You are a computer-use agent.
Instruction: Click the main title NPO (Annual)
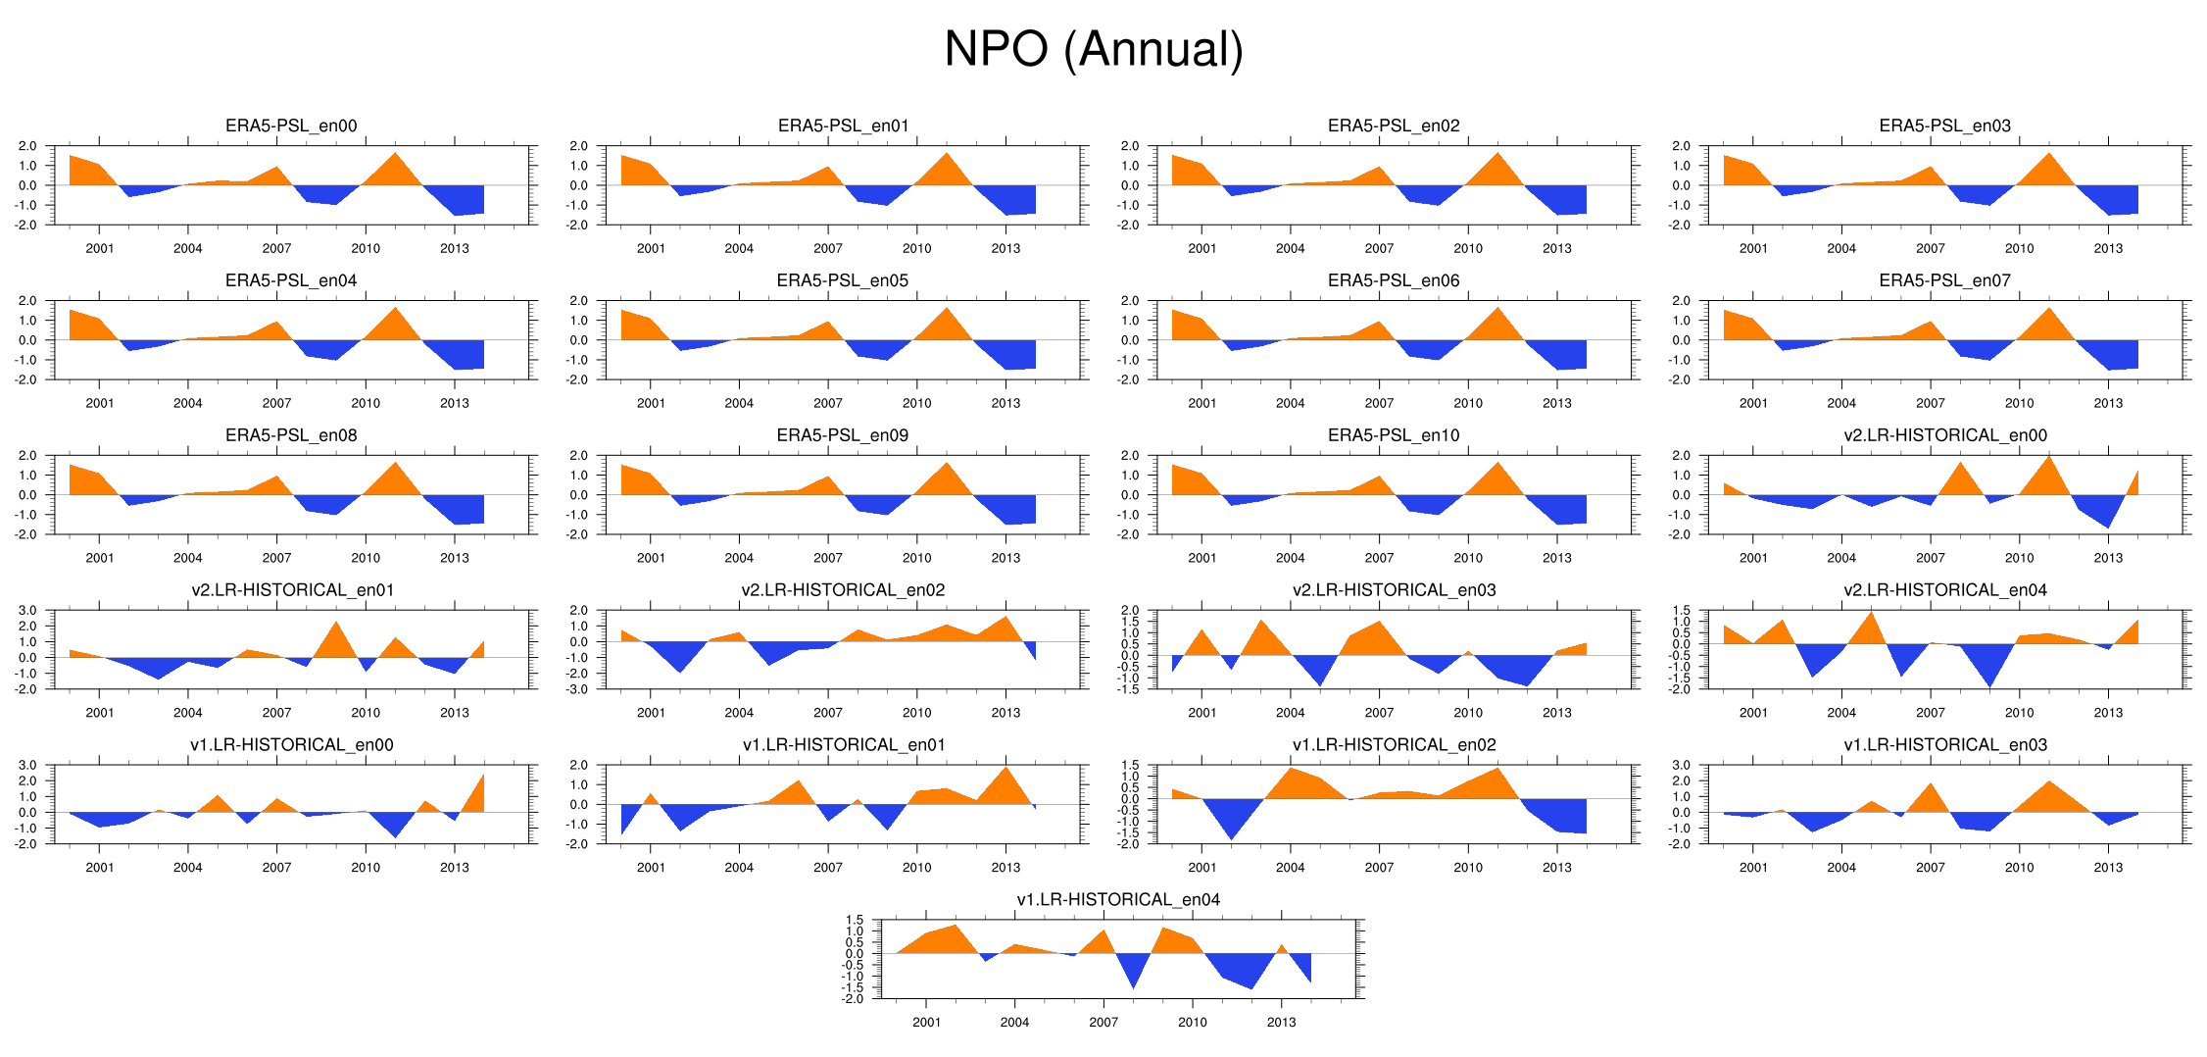click(x=1093, y=49)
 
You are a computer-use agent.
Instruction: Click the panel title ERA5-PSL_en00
click(x=291, y=126)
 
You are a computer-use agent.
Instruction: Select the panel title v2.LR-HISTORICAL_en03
click(x=1394, y=589)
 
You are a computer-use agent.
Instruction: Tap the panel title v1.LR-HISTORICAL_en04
click(x=1118, y=899)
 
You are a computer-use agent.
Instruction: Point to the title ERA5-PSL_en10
click(x=1394, y=435)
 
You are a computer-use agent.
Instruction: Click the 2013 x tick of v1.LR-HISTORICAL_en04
click(x=1281, y=1022)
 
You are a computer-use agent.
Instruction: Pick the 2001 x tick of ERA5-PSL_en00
click(x=100, y=248)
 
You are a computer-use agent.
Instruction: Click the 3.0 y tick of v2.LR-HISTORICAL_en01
click(x=27, y=611)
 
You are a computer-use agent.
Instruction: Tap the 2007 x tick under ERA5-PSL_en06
click(x=1379, y=403)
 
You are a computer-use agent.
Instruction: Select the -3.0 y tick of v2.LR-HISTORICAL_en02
click(x=578, y=689)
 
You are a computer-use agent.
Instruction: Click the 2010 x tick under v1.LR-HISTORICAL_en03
click(x=2019, y=867)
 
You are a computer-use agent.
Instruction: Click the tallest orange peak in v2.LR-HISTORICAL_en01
click(x=336, y=622)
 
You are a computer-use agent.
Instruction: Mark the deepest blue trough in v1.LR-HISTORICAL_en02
click(x=1232, y=839)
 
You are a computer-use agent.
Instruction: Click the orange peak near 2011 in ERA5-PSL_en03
click(x=2049, y=153)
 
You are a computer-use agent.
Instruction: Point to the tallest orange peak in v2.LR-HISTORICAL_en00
click(x=2049, y=456)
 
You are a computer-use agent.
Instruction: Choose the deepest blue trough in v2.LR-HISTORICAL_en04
click(x=1989, y=687)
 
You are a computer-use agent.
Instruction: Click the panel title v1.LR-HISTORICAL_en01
click(x=844, y=744)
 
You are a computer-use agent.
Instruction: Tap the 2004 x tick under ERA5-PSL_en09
click(x=739, y=558)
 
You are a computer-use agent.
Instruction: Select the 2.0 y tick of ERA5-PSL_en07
click(x=1681, y=301)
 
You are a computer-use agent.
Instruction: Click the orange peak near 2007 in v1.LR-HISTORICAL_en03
click(x=1931, y=783)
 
